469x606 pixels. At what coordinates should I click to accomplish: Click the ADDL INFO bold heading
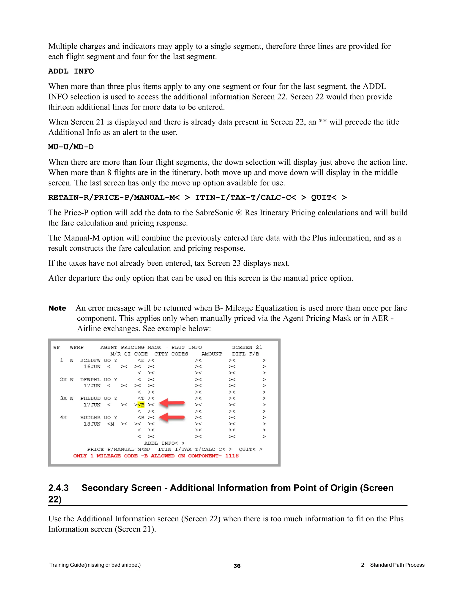click(71, 71)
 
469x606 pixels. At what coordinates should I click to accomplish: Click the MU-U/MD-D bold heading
click(71, 147)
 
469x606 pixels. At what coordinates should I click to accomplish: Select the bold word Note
click(57, 308)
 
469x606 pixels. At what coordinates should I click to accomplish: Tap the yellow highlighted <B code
click(141, 405)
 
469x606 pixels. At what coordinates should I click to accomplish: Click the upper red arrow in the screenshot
click(172, 403)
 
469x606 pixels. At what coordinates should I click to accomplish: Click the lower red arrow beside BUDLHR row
click(172, 417)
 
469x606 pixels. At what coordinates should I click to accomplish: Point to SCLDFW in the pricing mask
click(90, 360)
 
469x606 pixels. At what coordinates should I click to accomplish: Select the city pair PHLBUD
click(90, 398)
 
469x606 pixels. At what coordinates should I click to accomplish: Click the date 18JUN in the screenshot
click(92, 424)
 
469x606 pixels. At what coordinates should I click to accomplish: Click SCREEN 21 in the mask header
click(247, 347)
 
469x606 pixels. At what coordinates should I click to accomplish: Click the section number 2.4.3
click(58, 488)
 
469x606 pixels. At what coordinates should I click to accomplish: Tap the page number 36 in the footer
click(237, 566)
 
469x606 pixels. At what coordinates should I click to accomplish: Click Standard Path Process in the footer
click(397, 565)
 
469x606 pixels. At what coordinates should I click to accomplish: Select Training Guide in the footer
click(67, 565)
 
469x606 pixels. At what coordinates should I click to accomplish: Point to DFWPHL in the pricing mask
click(90, 379)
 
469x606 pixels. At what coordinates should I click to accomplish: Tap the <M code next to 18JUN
click(111, 424)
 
